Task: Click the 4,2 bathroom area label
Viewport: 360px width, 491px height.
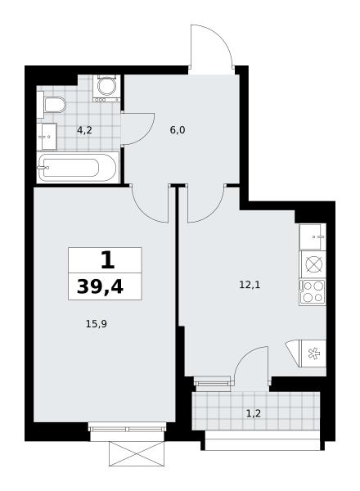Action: tap(84, 130)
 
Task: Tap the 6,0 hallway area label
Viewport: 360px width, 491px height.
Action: tap(178, 129)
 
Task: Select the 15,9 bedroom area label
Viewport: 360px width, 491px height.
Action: tap(97, 324)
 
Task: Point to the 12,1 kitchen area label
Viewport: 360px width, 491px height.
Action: tap(250, 285)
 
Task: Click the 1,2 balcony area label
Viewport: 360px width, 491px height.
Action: tap(254, 413)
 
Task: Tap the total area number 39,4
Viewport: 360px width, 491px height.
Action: tap(100, 286)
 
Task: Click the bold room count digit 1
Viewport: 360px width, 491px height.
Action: tap(108, 260)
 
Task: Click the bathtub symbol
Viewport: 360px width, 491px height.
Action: tap(78, 167)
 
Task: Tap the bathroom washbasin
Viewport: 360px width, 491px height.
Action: tap(47, 137)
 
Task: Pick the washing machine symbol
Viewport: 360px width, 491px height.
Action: tap(106, 88)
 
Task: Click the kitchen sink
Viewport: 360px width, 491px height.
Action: tap(312, 236)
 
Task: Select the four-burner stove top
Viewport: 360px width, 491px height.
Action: tap(313, 292)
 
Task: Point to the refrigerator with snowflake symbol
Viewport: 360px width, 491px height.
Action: tap(313, 354)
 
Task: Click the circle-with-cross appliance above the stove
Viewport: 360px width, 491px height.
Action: tap(313, 264)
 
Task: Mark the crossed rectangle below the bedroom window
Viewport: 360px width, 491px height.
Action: tap(137, 453)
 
